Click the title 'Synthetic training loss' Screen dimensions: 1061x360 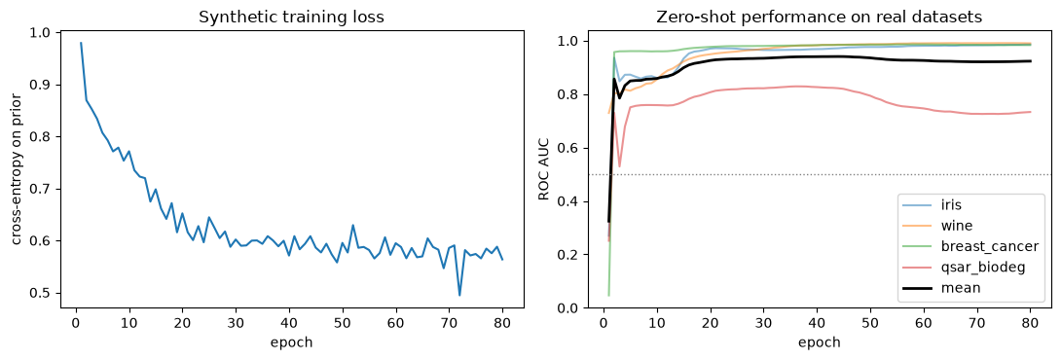[x=292, y=18]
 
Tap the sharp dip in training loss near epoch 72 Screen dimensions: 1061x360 [x=459, y=295]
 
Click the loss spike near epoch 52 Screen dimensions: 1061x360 [x=353, y=226]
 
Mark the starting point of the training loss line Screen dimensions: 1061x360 [x=81, y=43]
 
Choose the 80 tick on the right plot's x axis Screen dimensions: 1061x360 [x=1031, y=324]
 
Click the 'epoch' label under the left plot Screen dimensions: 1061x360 [x=292, y=342]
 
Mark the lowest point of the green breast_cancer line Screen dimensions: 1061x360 [x=609, y=295]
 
